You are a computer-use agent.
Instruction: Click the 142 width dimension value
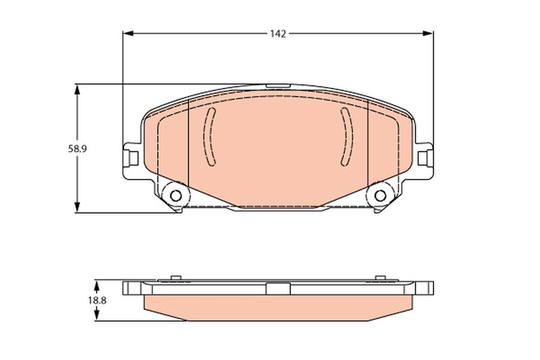click(278, 34)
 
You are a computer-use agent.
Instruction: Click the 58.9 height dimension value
click(77, 149)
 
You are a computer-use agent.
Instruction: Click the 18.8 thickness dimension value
click(97, 301)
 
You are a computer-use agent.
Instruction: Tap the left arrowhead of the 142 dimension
click(128, 33)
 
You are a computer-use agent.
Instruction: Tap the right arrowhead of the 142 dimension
click(428, 33)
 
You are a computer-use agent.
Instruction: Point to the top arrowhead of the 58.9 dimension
click(77, 89)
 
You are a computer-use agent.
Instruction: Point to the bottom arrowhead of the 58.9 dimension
click(77, 207)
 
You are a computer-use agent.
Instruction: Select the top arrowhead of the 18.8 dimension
click(97, 284)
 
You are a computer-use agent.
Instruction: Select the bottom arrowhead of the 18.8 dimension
click(97, 316)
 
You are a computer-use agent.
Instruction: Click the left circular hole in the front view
click(175, 196)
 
